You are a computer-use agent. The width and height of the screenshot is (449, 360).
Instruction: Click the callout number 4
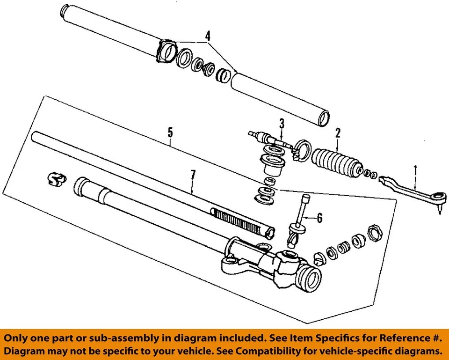[x=208, y=35]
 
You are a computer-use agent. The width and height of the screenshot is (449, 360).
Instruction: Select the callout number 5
[x=171, y=132]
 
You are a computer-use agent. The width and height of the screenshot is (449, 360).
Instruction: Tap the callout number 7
[x=193, y=176]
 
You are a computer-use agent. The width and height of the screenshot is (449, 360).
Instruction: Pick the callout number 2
[x=337, y=133]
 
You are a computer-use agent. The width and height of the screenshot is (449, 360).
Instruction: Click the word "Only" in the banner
[x=19, y=338]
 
